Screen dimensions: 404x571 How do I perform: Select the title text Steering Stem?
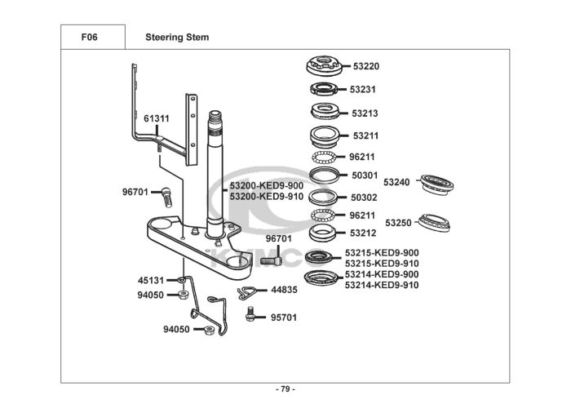click(x=176, y=37)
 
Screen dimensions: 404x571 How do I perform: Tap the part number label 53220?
click(x=366, y=66)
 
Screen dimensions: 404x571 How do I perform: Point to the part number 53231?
click(x=363, y=89)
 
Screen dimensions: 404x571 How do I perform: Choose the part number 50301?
click(x=363, y=175)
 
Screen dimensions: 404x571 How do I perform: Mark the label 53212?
click(x=363, y=233)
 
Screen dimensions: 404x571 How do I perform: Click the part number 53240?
click(x=396, y=182)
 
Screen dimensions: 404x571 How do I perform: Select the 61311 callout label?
click(x=157, y=119)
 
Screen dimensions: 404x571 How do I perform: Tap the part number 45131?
click(x=150, y=280)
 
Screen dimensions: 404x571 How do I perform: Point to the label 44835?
click(x=284, y=290)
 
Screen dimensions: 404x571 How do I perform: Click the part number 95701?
click(x=284, y=313)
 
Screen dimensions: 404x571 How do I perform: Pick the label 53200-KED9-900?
click(x=266, y=187)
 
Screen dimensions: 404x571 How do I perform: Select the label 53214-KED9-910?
click(x=382, y=285)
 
